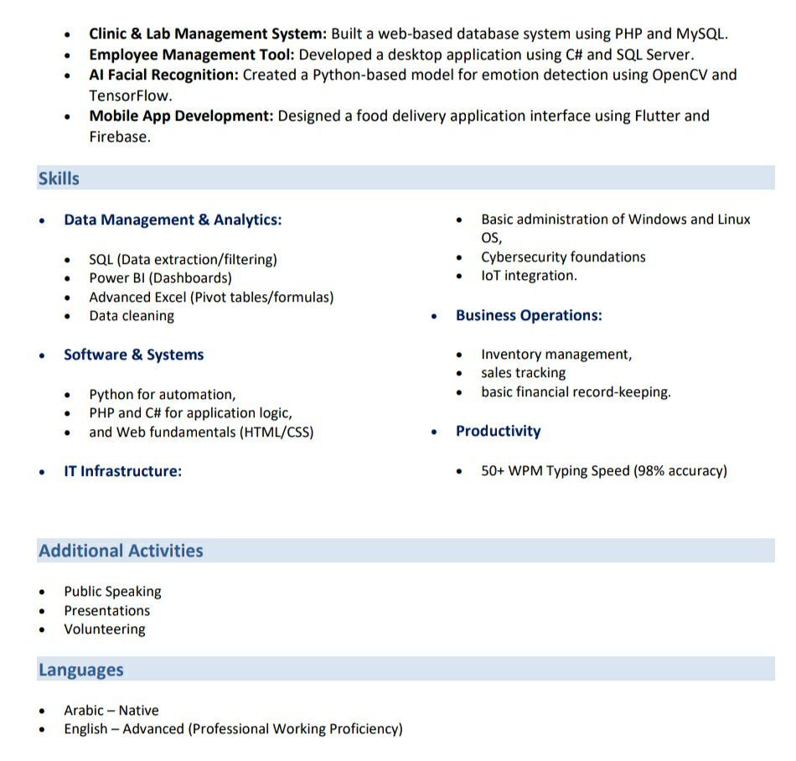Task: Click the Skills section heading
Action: (59, 179)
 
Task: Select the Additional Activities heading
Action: (121, 551)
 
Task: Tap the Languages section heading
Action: (80, 670)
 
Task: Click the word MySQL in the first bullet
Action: (702, 34)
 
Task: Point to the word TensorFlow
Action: (131, 96)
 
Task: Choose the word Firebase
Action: (119, 137)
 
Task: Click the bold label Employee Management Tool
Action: (191, 54)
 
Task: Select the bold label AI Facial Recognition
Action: (163, 75)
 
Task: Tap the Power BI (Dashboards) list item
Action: (160, 278)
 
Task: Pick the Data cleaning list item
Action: (132, 316)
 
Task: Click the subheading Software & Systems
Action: (133, 355)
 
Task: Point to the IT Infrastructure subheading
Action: (122, 471)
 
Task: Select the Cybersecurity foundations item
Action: (563, 257)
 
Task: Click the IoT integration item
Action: (529, 276)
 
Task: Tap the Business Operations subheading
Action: (529, 315)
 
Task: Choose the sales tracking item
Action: (523, 373)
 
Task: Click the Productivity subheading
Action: (498, 431)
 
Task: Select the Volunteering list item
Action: (105, 629)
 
